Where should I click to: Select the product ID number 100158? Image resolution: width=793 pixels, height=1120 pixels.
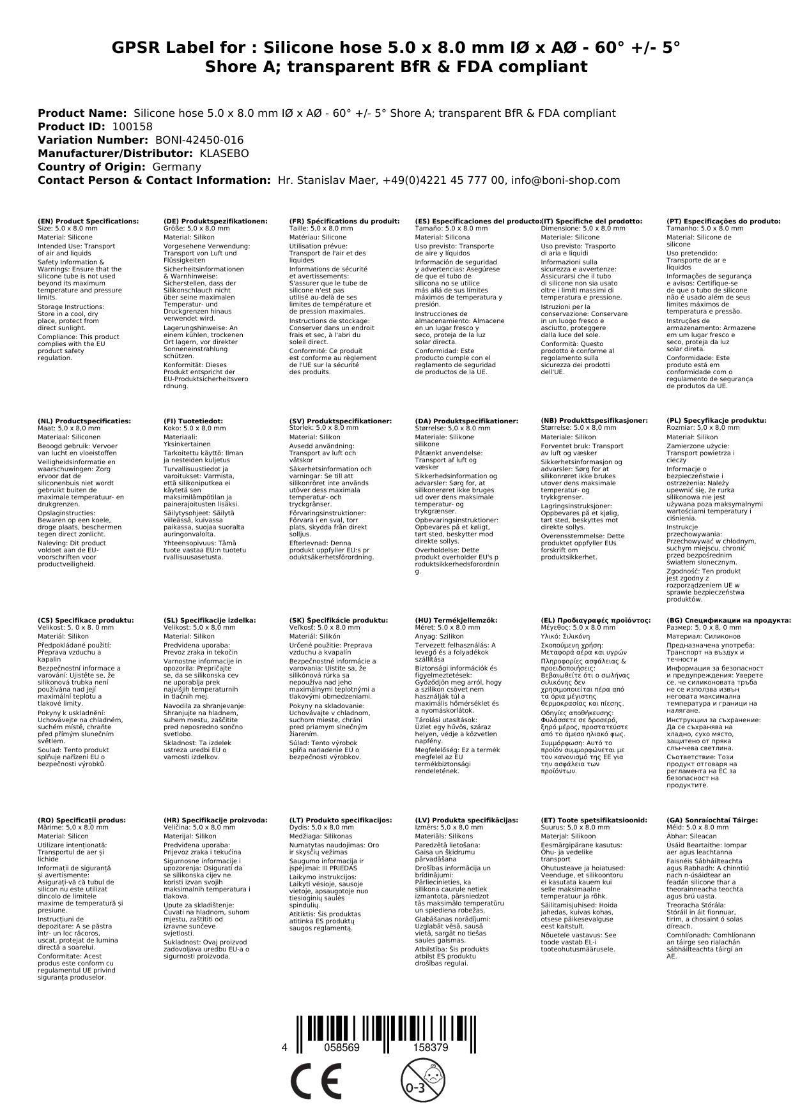tap(132, 126)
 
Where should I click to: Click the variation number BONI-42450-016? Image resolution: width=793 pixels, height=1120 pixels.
tap(199, 140)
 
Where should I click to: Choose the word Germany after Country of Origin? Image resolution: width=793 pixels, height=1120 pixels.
tap(176, 167)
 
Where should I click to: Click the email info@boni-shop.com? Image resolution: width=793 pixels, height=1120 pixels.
tap(567, 180)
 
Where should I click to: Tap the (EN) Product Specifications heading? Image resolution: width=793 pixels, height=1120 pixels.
tap(88, 221)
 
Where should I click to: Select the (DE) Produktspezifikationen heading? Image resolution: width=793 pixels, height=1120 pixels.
tap(215, 221)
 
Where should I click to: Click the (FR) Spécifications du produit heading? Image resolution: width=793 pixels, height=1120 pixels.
tap(344, 221)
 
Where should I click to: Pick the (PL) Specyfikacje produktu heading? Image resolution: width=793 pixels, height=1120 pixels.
tap(716, 421)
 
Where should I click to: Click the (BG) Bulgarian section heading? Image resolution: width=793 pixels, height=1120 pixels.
tap(728, 620)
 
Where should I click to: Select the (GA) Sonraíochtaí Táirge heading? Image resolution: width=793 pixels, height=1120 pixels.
tap(712, 820)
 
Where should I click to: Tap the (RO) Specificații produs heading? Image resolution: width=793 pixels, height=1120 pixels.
tap(82, 820)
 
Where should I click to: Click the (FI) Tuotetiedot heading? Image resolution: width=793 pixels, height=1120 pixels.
tap(193, 421)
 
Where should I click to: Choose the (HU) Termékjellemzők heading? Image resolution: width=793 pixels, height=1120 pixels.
tap(456, 620)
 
